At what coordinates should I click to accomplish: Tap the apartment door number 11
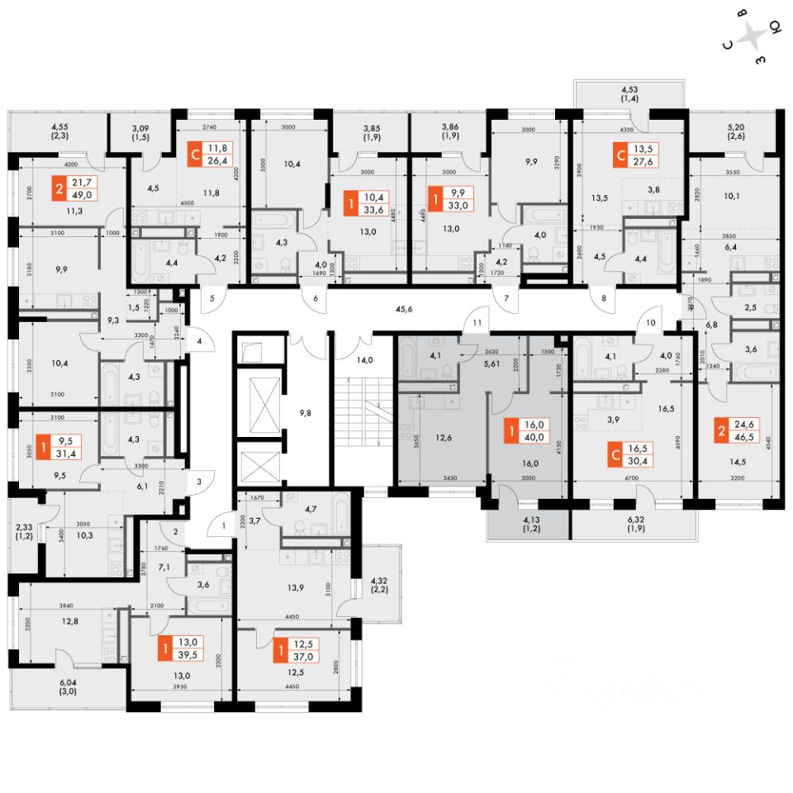point(477,322)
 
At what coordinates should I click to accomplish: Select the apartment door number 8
point(604,298)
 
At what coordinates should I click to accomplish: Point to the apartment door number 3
point(200,480)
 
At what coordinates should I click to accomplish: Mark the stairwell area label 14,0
point(365,361)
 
